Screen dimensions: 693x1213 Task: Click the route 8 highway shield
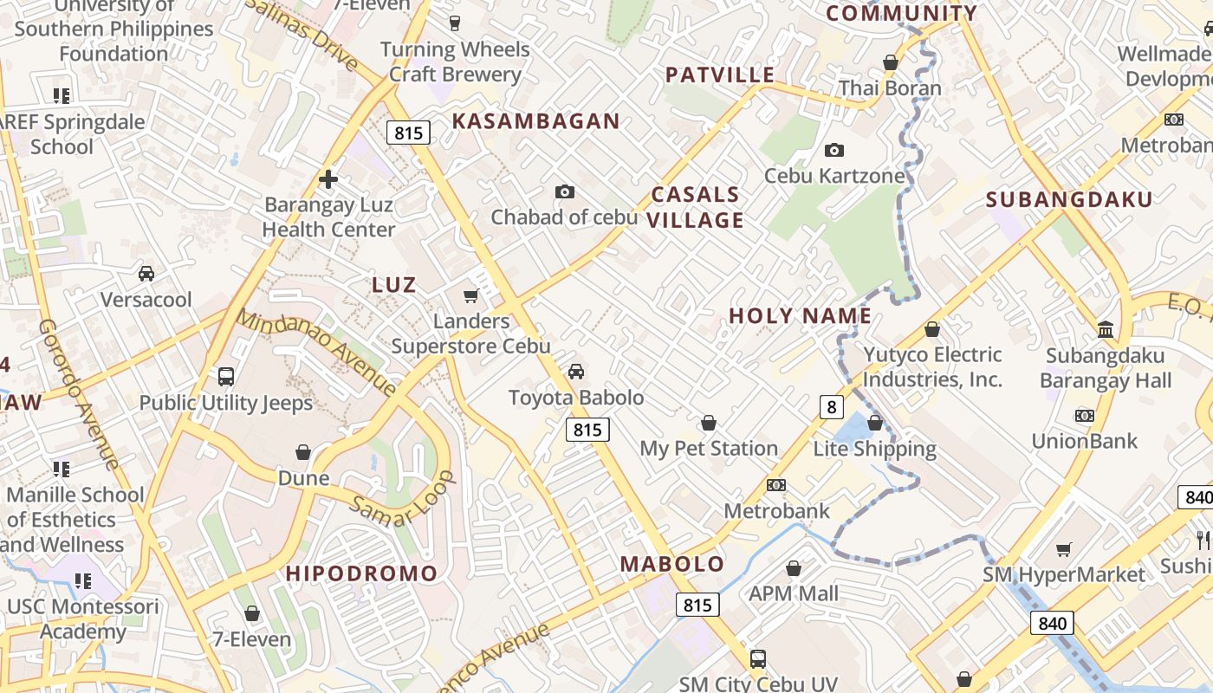click(832, 406)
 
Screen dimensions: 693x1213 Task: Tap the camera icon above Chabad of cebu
click(565, 191)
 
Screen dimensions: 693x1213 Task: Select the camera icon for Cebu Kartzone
click(834, 151)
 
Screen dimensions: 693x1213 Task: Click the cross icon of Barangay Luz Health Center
click(328, 179)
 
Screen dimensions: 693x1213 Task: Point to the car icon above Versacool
click(146, 274)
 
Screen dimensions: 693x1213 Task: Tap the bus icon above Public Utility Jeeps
click(226, 377)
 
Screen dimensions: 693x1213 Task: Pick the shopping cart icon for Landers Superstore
click(471, 296)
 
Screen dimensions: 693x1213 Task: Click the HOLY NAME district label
click(801, 315)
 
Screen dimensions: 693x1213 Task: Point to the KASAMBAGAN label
click(536, 121)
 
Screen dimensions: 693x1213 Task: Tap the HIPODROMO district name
click(362, 573)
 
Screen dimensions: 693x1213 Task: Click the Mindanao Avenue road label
click(316, 354)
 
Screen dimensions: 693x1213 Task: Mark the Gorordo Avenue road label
click(78, 395)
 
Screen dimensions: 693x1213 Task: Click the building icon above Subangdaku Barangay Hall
click(1106, 329)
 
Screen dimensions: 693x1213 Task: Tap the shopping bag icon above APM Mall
click(794, 568)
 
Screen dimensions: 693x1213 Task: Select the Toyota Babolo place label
click(576, 398)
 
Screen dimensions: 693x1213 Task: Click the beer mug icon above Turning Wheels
click(455, 23)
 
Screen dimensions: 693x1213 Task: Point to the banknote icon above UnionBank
click(1084, 416)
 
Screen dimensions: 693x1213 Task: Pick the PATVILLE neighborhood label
click(720, 74)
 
